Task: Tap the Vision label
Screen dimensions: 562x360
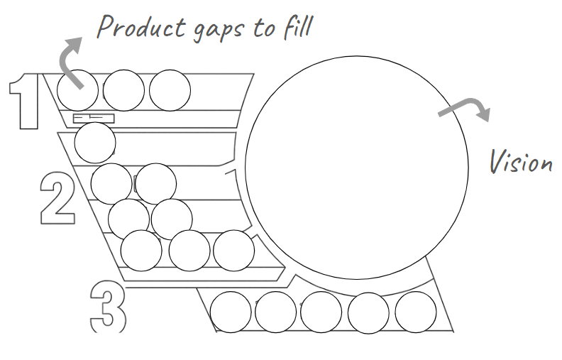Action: [520, 162]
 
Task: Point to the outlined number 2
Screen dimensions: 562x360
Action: [57, 199]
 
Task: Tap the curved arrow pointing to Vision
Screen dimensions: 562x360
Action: [465, 108]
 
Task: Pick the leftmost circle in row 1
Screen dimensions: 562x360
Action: [77, 90]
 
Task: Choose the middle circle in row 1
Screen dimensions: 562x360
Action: [124, 90]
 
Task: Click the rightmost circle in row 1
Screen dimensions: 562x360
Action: [170, 90]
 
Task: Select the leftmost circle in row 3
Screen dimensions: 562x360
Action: [231, 312]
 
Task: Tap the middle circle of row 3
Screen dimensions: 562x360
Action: [321, 312]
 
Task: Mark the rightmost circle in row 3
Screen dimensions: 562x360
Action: [415, 312]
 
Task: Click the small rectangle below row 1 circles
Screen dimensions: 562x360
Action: [94, 117]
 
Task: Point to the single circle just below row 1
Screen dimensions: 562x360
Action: [95, 143]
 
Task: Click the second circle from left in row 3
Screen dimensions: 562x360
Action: [275, 312]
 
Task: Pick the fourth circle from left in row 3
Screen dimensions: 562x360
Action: [368, 312]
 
